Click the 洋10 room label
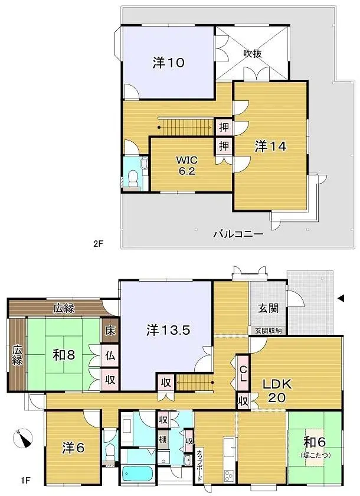pyautogui.click(x=167, y=63)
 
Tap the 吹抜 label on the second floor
pyautogui.click(x=253, y=53)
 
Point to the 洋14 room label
pyautogui.click(x=270, y=146)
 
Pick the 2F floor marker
pyautogui.click(x=98, y=243)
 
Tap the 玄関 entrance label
pyautogui.click(x=268, y=308)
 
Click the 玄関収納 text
pyautogui.click(x=269, y=331)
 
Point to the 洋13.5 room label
pyautogui.click(x=168, y=331)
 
